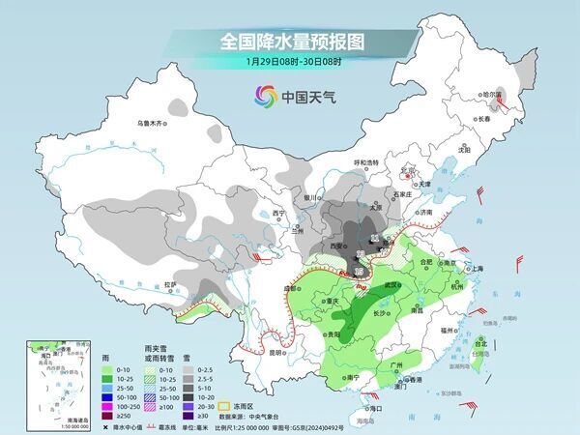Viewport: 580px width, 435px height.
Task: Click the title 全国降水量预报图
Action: click(289, 42)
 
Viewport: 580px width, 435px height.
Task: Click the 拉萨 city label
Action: click(170, 284)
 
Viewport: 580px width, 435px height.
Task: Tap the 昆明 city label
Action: click(250, 352)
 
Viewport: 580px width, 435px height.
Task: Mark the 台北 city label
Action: click(479, 341)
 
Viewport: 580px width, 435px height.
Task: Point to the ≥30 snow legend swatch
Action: click(205, 415)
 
